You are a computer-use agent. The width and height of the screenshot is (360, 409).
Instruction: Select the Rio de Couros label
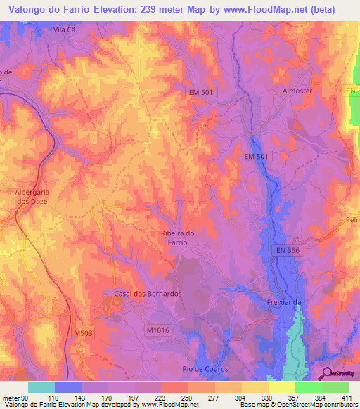click(202, 369)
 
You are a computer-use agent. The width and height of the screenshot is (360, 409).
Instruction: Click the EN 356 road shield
click(287, 250)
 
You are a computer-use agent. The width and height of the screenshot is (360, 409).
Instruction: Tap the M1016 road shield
click(160, 330)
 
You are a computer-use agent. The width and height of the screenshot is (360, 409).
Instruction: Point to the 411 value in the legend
click(348, 398)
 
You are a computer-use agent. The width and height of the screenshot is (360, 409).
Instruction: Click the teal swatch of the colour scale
click(41, 387)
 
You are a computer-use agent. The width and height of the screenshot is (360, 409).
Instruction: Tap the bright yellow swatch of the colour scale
click(281, 387)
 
